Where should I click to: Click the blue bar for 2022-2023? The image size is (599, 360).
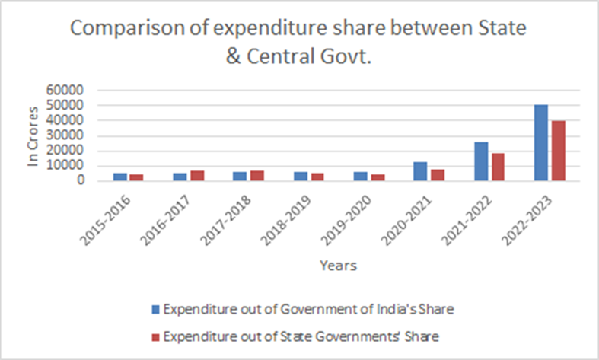[541, 142]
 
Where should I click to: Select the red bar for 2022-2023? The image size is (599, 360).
[559, 151]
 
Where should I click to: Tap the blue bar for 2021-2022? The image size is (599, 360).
[481, 161]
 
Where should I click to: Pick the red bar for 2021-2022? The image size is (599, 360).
[499, 167]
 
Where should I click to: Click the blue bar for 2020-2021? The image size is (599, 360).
[420, 171]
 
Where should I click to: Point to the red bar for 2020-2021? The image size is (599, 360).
[438, 175]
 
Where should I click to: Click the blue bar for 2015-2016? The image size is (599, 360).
[119, 177]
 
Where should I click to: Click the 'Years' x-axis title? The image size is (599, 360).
[339, 266]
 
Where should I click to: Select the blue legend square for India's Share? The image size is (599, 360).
[156, 309]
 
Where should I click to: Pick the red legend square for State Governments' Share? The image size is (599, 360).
[156, 336]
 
